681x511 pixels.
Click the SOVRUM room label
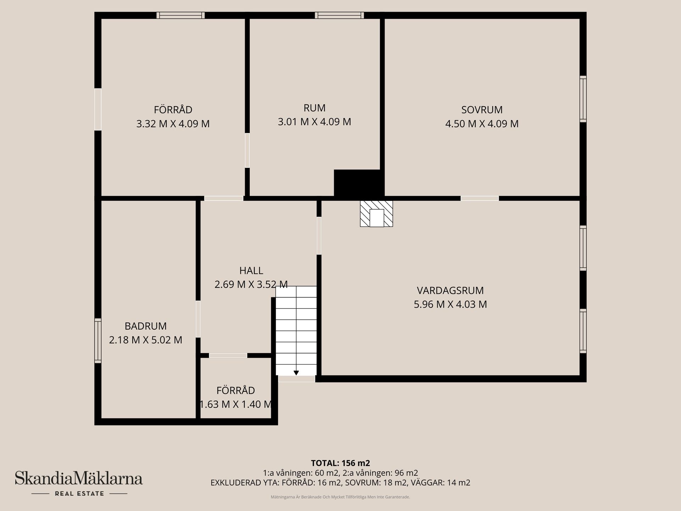pyautogui.click(x=482, y=110)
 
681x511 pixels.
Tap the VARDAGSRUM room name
pyautogui.click(x=450, y=291)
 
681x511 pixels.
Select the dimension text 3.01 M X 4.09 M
pyautogui.click(x=314, y=122)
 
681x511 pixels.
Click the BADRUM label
pyautogui.click(x=145, y=326)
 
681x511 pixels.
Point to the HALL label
pyautogui.click(x=251, y=271)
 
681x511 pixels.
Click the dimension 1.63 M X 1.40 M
pyautogui.click(x=236, y=405)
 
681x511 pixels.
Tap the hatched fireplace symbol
pyautogui.click(x=376, y=214)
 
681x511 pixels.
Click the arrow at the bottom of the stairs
pyautogui.click(x=296, y=373)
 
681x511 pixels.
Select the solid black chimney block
pyautogui.click(x=358, y=183)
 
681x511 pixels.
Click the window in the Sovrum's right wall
pyautogui.click(x=583, y=99)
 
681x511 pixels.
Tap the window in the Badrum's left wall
pyautogui.click(x=98, y=341)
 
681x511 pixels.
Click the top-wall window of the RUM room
pyautogui.click(x=339, y=15)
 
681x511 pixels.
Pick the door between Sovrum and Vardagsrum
pyautogui.click(x=480, y=198)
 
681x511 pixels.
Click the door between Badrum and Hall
pyautogui.click(x=198, y=319)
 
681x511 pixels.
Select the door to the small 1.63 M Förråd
pyautogui.click(x=228, y=356)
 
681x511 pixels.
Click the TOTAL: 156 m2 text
pyautogui.click(x=340, y=463)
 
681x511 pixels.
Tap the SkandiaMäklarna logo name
pyautogui.click(x=79, y=478)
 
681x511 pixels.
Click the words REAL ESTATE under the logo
pyautogui.click(x=79, y=494)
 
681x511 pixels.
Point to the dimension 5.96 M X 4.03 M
pyautogui.click(x=450, y=304)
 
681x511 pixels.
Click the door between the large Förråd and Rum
pyautogui.click(x=247, y=150)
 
